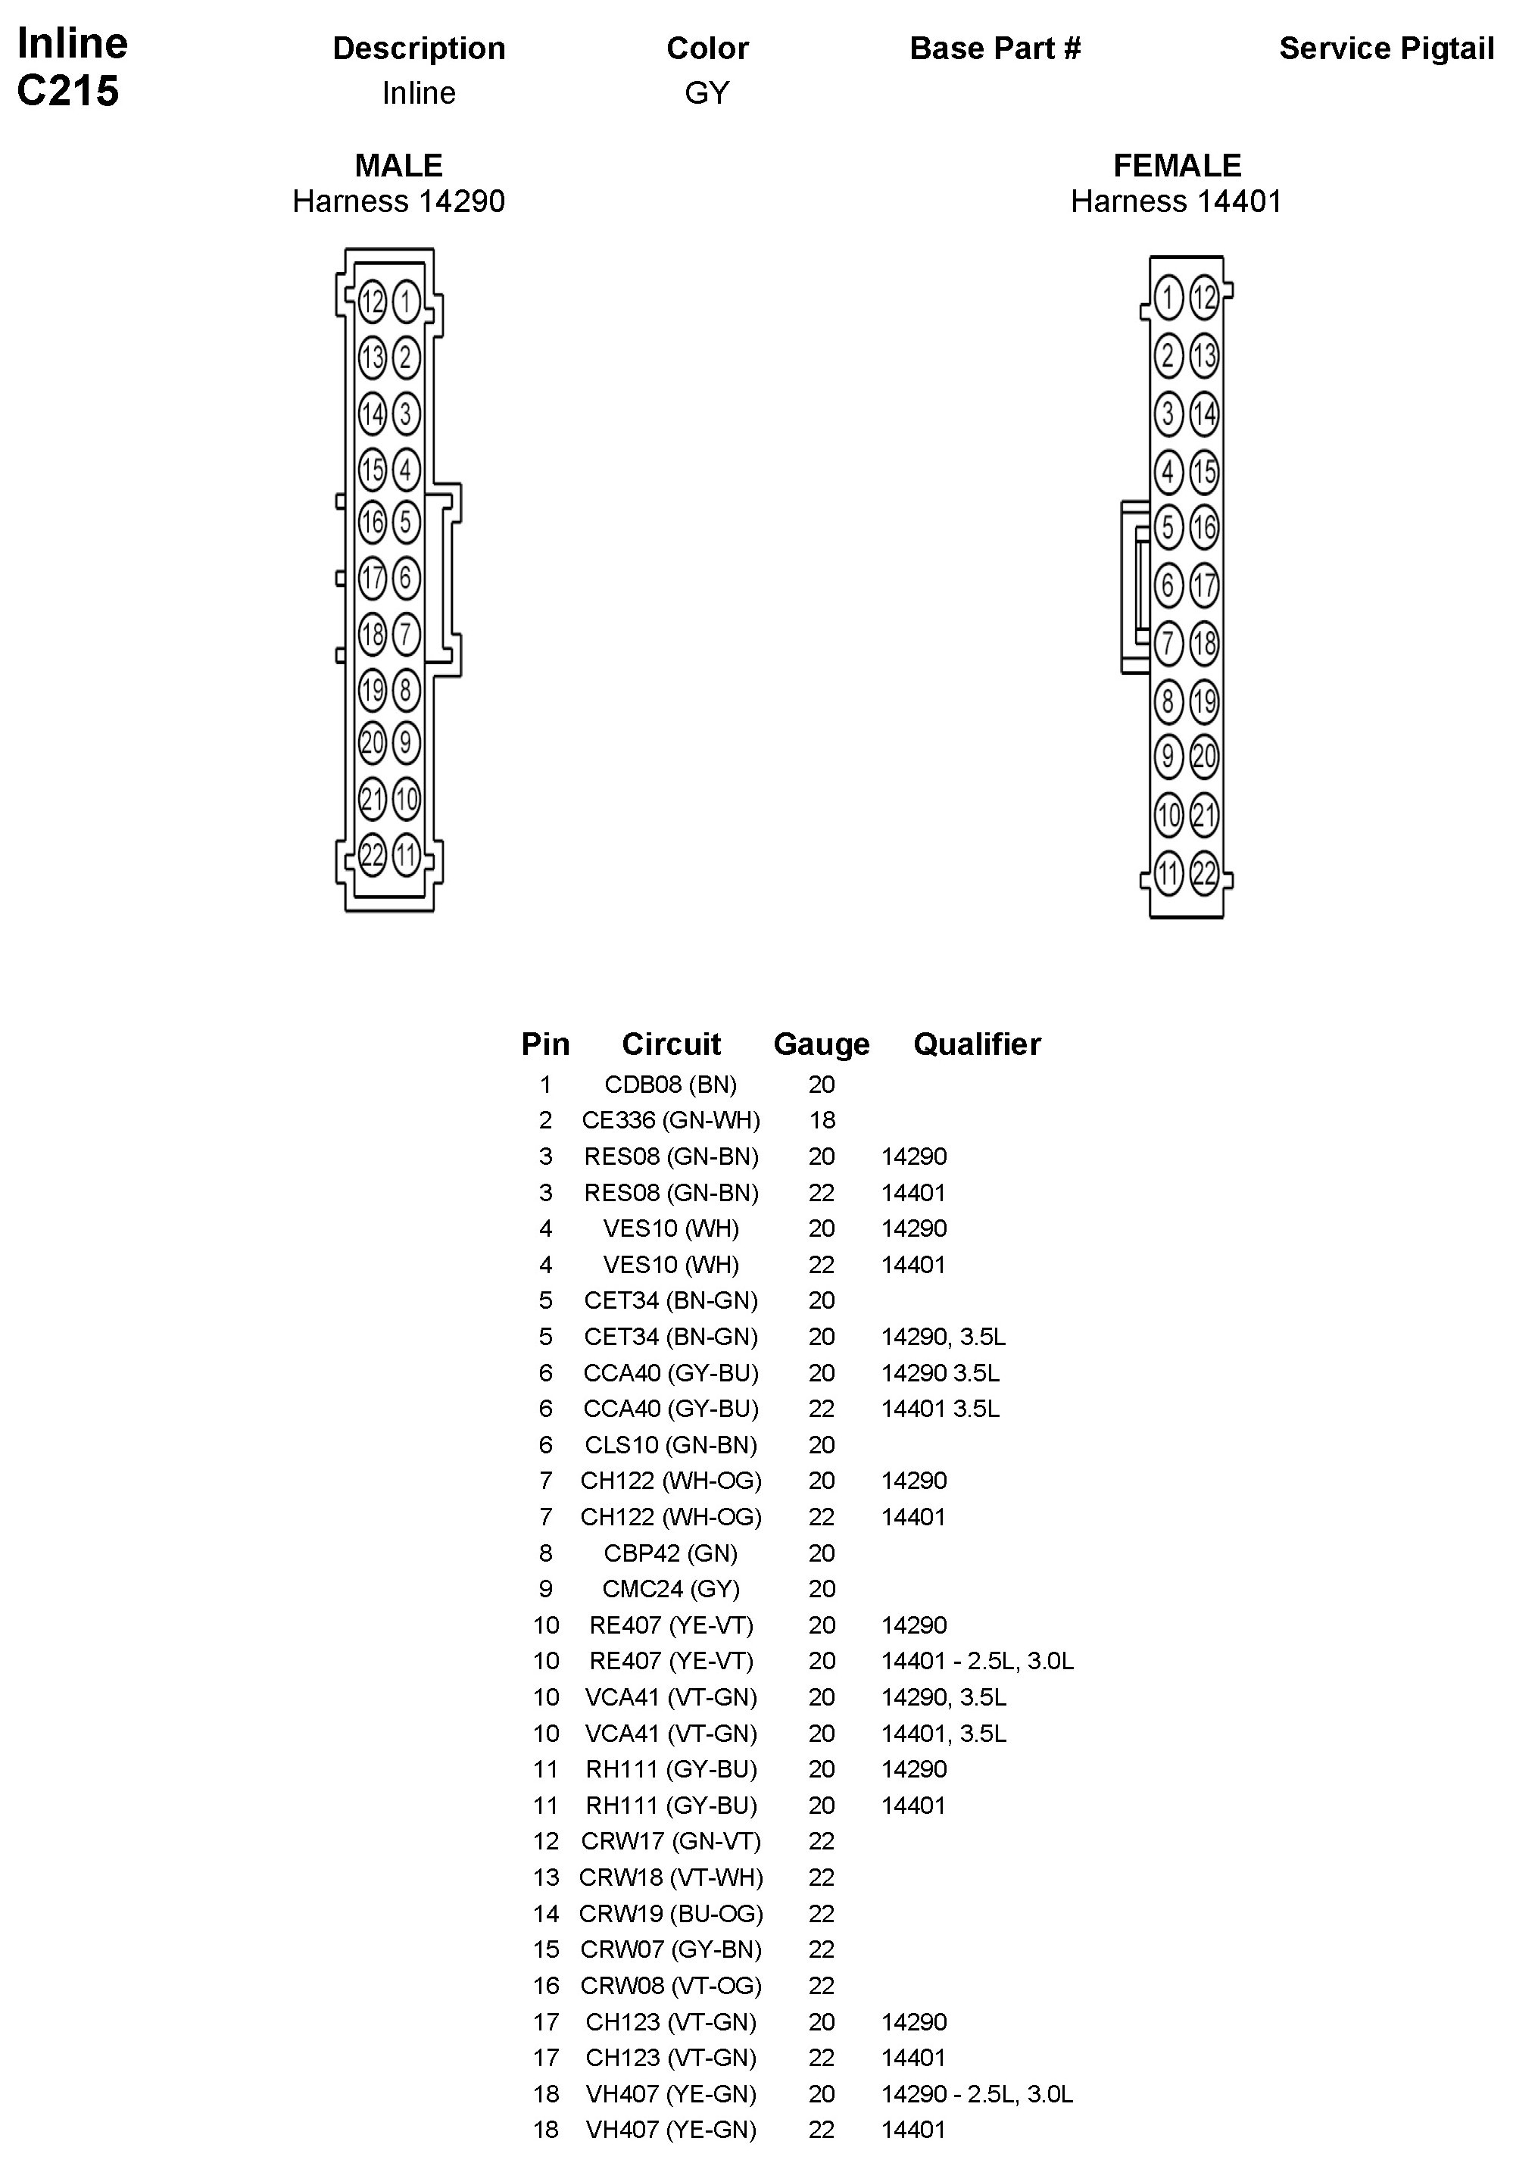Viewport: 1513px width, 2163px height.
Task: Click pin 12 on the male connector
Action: (372, 301)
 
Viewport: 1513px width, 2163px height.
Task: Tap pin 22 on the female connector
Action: (1204, 873)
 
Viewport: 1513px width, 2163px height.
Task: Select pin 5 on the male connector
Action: (406, 521)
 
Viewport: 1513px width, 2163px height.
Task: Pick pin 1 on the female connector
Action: (1168, 298)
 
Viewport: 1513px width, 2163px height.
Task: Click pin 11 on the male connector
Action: (406, 857)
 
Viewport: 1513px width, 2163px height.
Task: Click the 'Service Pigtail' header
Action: (1386, 48)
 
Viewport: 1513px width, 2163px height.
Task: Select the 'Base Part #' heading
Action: (995, 48)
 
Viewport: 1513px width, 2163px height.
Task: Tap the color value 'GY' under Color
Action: (707, 93)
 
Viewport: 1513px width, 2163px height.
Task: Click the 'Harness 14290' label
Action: (398, 201)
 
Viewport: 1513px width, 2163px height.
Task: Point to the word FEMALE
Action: (1177, 166)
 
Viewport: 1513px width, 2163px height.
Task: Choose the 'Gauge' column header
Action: (821, 1044)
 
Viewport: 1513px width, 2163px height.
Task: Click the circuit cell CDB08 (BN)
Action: (671, 1085)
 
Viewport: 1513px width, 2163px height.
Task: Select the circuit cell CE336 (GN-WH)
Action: (671, 1120)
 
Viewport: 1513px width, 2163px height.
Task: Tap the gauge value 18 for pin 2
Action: (822, 1120)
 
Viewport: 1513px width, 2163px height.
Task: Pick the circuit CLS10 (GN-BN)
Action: (671, 1444)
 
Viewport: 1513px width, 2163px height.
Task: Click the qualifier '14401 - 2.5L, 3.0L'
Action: (977, 1661)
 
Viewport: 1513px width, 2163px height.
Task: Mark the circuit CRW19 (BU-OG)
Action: (671, 1913)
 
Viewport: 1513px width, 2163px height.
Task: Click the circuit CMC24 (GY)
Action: (671, 1589)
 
